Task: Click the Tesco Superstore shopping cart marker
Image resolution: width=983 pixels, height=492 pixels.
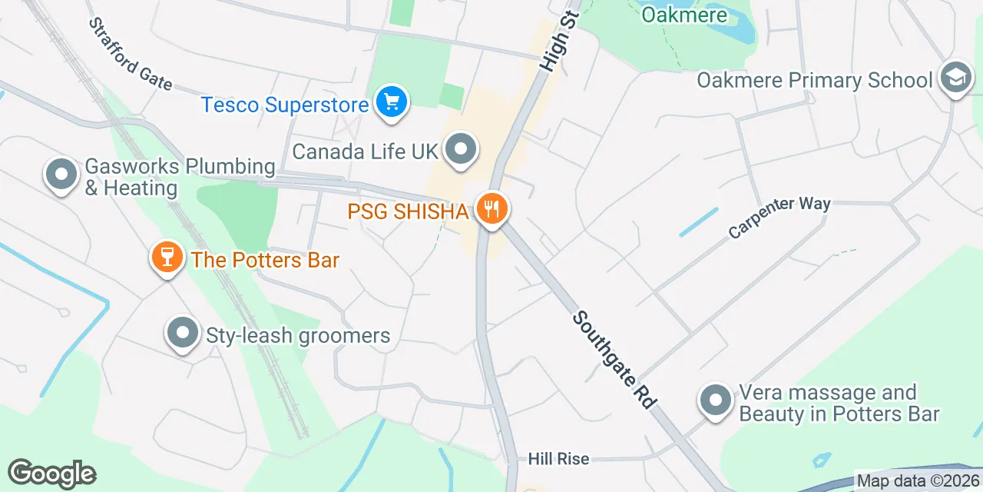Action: (392, 102)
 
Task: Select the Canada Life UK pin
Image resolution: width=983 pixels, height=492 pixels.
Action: (461, 150)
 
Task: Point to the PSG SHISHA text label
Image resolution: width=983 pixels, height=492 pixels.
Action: (408, 211)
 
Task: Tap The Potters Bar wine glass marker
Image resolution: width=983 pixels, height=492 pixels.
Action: (167, 258)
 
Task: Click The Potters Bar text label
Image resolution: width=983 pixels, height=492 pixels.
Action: (265, 260)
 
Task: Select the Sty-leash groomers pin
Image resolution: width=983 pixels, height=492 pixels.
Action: (183, 334)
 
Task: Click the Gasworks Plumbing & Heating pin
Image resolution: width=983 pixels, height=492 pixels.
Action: (61, 174)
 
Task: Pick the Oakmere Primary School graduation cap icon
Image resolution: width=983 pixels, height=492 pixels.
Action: (955, 78)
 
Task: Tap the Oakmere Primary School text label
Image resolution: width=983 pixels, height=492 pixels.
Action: (815, 80)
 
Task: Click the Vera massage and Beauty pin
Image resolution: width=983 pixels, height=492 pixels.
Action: (716, 401)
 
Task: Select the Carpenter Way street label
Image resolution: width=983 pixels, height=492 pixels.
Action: (779, 216)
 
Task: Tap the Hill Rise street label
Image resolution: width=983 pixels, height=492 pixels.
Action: (558, 459)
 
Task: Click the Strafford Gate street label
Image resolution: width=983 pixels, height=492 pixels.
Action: (131, 54)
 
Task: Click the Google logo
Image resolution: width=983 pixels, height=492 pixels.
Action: (51, 474)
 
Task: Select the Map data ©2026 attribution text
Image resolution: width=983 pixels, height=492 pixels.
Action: (918, 481)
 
